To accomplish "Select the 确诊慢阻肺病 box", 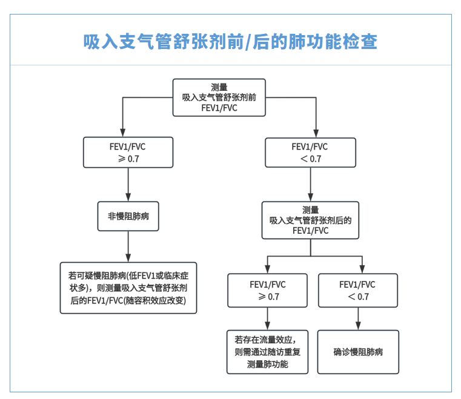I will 358,352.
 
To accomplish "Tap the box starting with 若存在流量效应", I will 268,352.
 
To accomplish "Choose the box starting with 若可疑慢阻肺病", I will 128,288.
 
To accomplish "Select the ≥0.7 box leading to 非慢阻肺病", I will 128,153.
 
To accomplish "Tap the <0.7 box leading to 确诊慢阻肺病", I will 357,291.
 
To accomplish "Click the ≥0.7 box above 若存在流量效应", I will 268,291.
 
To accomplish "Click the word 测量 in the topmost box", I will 219,87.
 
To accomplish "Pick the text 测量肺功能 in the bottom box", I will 268,364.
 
